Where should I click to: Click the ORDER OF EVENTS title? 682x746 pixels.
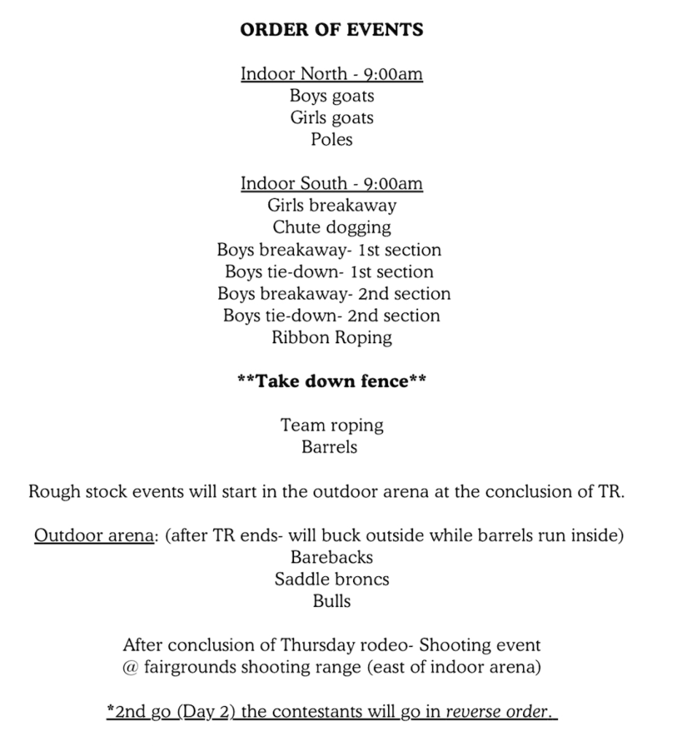[332, 30]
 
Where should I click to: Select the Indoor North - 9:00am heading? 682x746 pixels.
[332, 74]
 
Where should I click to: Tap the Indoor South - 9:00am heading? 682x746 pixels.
[332, 184]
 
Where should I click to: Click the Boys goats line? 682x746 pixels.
[332, 96]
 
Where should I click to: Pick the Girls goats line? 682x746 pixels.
[332, 118]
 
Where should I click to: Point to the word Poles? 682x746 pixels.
[332, 140]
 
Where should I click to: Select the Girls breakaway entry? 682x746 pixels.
[332, 205]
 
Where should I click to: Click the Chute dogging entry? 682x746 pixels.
[332, 227]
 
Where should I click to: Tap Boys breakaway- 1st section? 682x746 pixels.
[329, 250]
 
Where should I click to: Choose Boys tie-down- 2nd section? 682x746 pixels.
[332, 315]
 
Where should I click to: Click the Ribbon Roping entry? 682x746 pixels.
[332, 337]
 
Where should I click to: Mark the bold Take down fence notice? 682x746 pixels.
[332, 381]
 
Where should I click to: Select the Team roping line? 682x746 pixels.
[332, 425]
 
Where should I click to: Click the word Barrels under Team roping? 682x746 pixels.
[330, 447]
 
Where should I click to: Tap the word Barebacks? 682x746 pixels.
[332, 557]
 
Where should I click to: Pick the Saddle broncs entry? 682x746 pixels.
[332, 579]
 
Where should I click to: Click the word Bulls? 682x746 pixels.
[332, 601]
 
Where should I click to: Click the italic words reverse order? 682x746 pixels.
[497, 711]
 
